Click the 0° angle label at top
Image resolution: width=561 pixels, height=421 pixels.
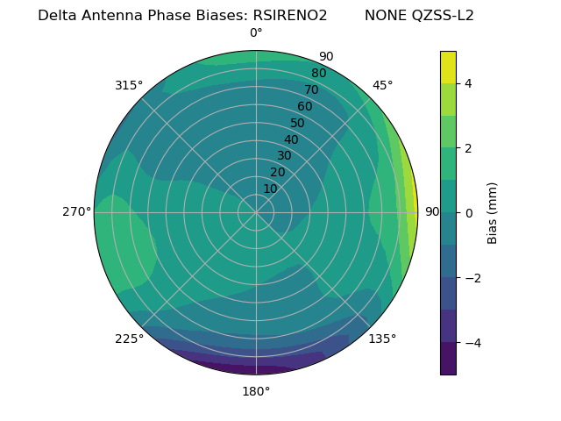[x=256, y=33]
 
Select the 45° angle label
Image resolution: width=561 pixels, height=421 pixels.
[x=382, y=85]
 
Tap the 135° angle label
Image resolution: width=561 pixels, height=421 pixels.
[x=382, y=339]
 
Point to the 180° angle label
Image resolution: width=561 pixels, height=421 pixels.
[x=256, y=391]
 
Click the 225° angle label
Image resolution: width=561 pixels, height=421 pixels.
[x=129, y=339]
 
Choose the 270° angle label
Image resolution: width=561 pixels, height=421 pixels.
[x=76, y=212]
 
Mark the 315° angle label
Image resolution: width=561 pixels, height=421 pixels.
[x=129, y=85]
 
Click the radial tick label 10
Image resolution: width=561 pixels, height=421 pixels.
[x=270, y=189]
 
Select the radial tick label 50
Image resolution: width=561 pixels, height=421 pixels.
[x=298, y=124]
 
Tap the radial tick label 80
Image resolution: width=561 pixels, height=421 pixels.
[x=319, y=74]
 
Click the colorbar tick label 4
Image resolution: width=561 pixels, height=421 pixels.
[x=469, y=83]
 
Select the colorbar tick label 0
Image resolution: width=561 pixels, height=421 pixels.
[x=469, y=213]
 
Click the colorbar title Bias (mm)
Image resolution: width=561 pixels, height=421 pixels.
[x=493, y=212]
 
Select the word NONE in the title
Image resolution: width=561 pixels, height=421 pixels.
[x=385, y=16]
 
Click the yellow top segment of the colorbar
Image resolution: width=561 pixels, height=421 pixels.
[x=448, y=68]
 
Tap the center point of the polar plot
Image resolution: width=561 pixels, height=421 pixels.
[x=256, y=212]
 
